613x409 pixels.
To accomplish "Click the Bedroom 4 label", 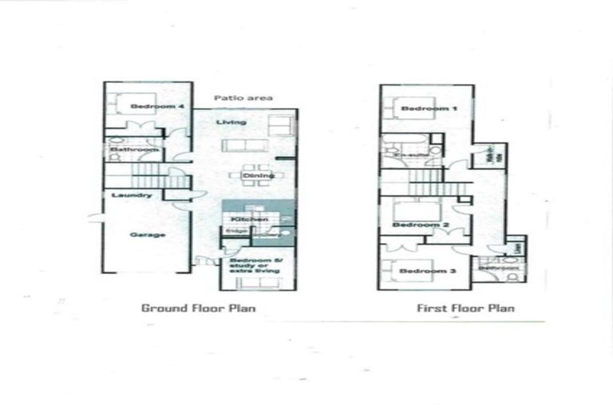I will pos(152,105).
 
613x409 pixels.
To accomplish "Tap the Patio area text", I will pos(244,97).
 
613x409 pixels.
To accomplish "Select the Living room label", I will pos(231,122).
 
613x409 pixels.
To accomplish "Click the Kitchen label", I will pos(243,219).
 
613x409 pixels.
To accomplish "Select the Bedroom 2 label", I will pos(422,225).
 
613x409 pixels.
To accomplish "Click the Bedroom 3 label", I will pos(423,272).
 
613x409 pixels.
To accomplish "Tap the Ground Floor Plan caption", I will pos(198,308).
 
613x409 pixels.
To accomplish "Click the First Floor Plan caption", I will pos(466,308).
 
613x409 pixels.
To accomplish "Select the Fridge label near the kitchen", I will pos(236,232).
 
